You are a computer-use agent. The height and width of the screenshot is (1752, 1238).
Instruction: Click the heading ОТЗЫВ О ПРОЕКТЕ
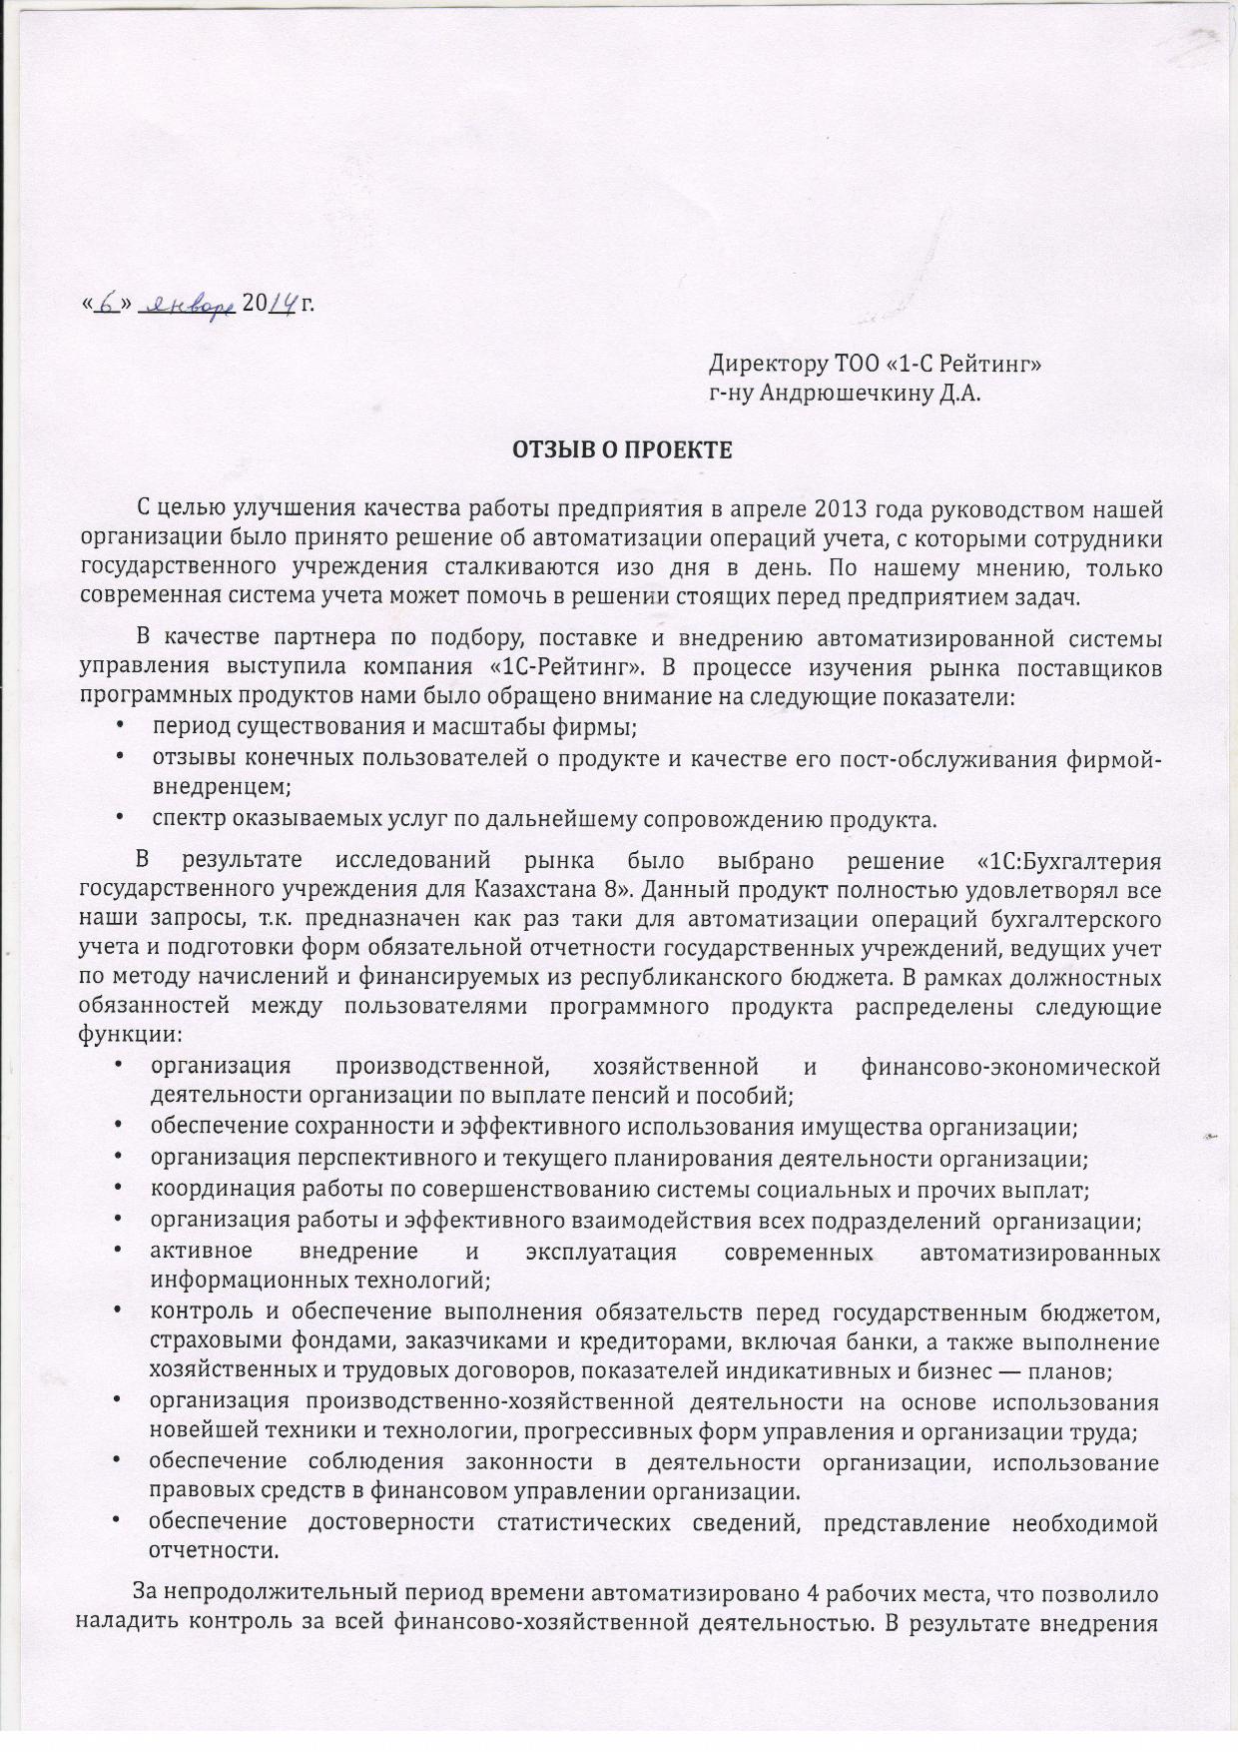click(622, 450)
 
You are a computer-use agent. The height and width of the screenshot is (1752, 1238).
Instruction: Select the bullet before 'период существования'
click(121, 728)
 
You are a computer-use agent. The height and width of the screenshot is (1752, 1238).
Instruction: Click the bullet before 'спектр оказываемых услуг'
click(121, 820)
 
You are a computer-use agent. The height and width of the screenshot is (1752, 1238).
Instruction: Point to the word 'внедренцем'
click(221, 787)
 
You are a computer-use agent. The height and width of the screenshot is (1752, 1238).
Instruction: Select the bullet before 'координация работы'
click(119, 1190)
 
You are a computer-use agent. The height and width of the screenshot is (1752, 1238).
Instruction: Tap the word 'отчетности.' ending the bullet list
click(213, 1551)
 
